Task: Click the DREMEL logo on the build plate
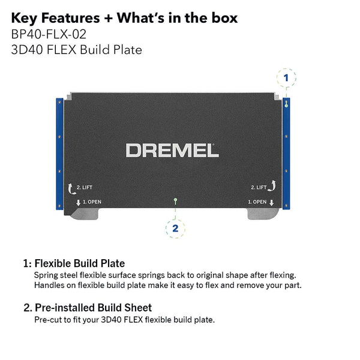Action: point(172,150)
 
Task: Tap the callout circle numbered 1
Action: point(286,77)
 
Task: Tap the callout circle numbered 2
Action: point(175,227)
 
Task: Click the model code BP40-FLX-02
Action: point(44,34)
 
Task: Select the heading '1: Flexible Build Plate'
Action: point(74,263)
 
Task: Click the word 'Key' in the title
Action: point(25,17)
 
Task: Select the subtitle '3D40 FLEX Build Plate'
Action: point(76,50)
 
